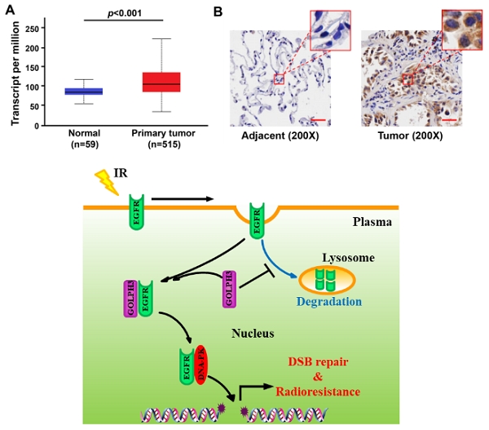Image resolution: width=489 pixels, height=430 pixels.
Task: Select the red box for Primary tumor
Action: (161, 82)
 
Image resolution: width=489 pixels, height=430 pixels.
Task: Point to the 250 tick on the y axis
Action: (42, 28)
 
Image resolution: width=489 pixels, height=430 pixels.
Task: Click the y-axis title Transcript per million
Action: (14, 73)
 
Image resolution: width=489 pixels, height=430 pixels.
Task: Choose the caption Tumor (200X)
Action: (411, 135)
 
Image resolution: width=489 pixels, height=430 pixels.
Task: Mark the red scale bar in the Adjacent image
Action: (319, 120)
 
